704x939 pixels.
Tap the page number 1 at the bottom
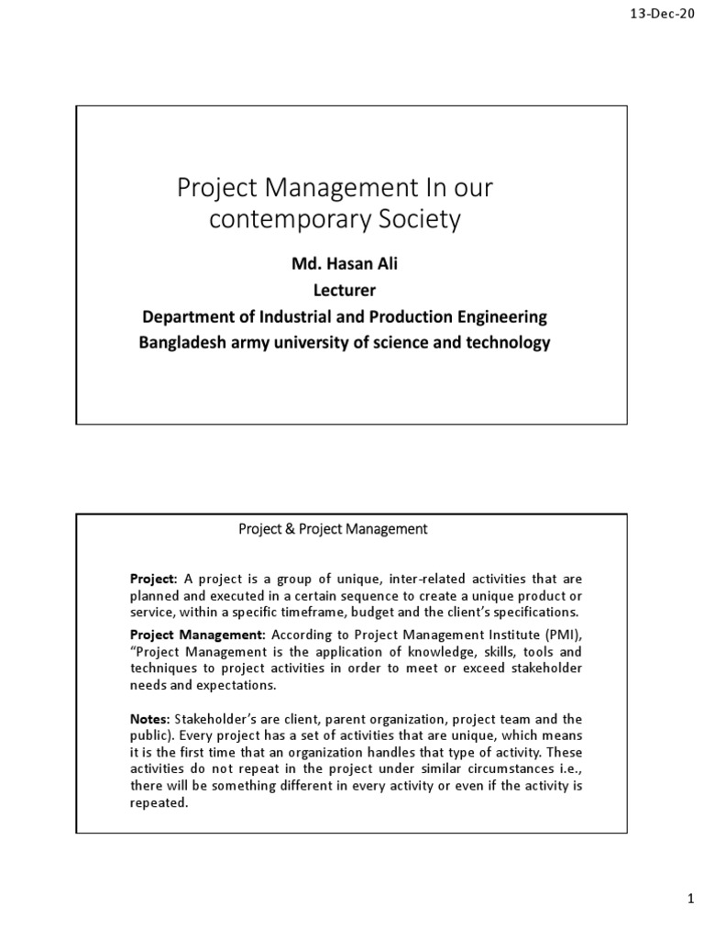(x=691, y=902)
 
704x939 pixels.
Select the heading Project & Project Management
(x=333, y=528)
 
